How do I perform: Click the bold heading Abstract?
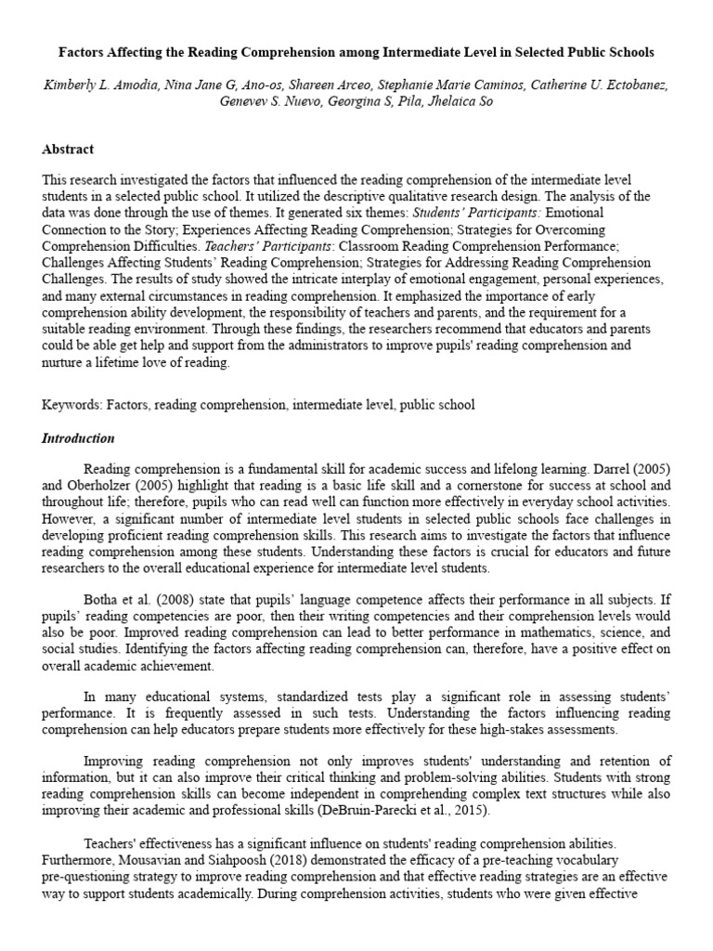[x=68, y=149]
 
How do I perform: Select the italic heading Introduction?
[x=78, y=438]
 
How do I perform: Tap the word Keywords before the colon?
[x=71, y=405]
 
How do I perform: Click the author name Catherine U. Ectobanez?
[x=591, y=85]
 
